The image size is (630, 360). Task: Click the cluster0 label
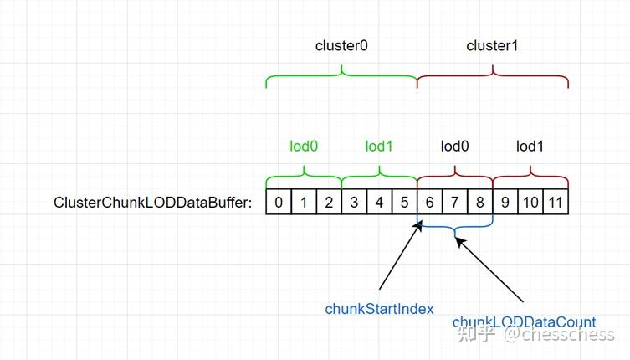click(341, 46)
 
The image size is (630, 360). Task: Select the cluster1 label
click(492, 46)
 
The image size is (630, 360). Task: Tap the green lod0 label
click(304, 147)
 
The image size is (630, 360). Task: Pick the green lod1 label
click(379, 147)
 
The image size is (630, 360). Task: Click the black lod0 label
click(455, 147)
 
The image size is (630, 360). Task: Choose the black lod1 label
click(530, 147)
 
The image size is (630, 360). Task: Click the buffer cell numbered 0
click(279, 202)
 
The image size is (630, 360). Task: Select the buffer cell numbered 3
click(354, 202)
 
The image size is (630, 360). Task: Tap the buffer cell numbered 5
click(404, 202)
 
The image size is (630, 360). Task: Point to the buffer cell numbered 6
click(430, 202)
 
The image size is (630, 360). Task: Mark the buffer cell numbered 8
click(480, 202)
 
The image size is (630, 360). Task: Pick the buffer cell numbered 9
click(505, 202)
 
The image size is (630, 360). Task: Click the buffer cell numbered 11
click(556, 202)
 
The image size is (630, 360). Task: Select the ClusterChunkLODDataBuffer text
click(152, 203)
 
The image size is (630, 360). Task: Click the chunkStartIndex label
click(379, 309)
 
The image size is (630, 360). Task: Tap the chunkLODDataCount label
click(524, 322)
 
